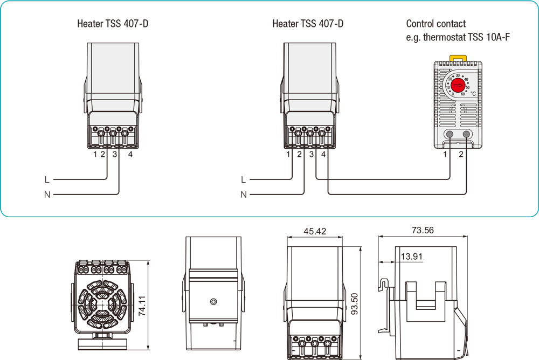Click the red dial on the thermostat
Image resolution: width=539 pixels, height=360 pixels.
pos(457,85)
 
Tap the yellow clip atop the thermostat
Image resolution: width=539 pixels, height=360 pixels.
pos(457,56)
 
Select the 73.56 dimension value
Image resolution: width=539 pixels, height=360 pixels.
pos(423,230)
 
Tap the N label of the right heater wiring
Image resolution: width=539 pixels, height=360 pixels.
pos(244,195)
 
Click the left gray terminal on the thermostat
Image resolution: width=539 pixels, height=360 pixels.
pos(449,135)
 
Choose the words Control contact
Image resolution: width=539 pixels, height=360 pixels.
pos(436,24)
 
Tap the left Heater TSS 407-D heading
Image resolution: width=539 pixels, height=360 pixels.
pos(113,24)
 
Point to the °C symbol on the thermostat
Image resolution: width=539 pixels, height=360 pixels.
pos(473,93)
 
